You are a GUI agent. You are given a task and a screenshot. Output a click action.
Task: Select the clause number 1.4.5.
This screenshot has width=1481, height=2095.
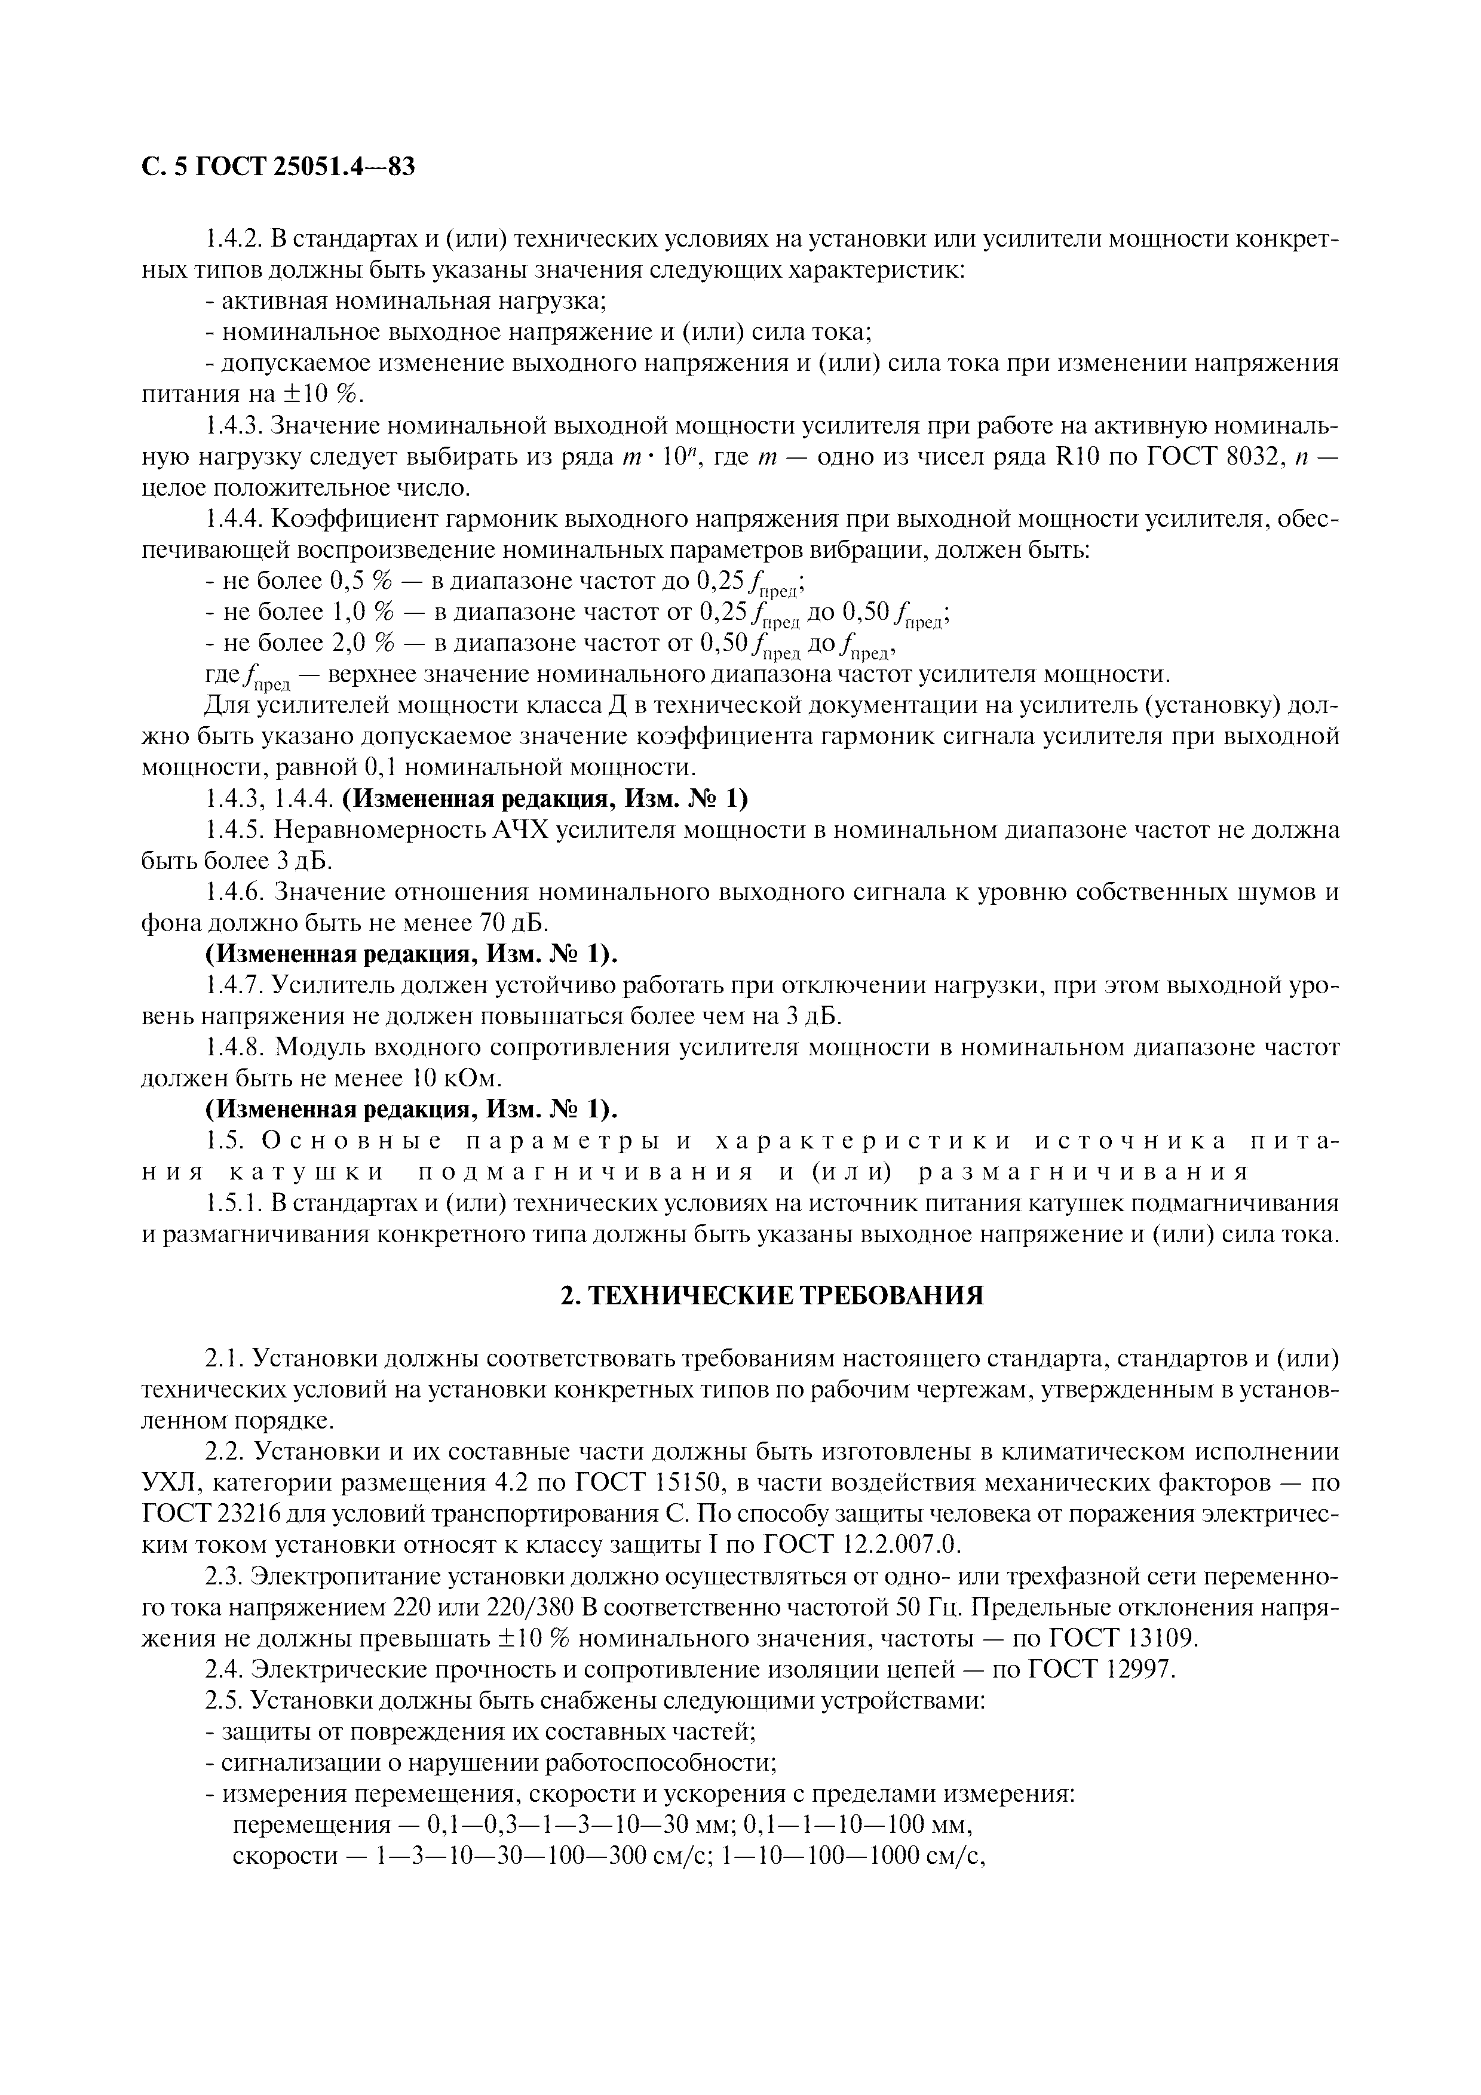point(235,830)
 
